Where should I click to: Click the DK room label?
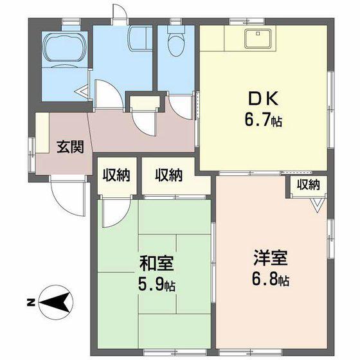click(263, 98)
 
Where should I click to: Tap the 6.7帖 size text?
click(263, 120)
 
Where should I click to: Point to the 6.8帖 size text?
click(271, 280)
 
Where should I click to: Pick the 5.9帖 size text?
click(157, 285)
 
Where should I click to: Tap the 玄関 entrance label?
click(70, 147)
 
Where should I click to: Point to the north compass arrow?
click(56, 302)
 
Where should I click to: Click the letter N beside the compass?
click(30, 303)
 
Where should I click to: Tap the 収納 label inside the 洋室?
click(308, 184)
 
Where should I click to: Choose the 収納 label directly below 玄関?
click(116, 175)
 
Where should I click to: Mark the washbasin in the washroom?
click(140, 38)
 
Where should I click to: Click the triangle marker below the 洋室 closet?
click(318, 205)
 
